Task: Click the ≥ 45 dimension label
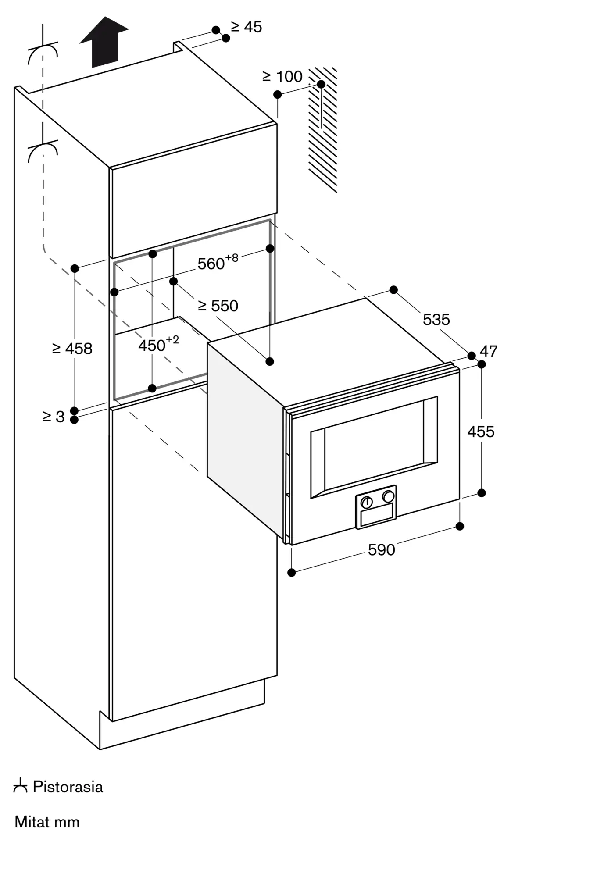(247, 27)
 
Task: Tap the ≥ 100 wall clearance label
(282, 77)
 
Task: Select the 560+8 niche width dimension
(218, 263)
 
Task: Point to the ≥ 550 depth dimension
(218, 306)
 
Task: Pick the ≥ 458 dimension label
(72, 349)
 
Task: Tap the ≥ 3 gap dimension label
(54, 417)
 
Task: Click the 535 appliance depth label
(436, 320)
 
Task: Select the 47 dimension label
(489, 351)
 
